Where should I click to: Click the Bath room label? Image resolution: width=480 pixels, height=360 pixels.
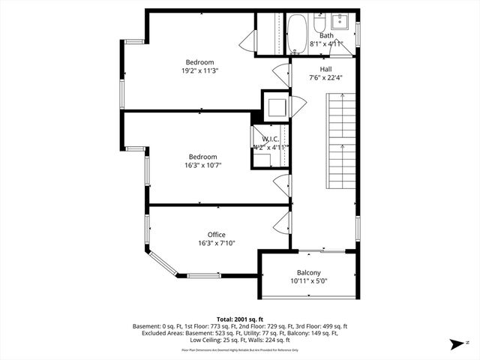point(326,35)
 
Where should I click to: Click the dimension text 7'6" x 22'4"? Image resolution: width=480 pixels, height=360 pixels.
point(326,77)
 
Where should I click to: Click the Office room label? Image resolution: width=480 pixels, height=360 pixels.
point(216,235)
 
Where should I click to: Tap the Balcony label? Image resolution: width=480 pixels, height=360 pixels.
point(308,272)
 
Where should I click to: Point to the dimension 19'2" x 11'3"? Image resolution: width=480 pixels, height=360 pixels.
point(200,71)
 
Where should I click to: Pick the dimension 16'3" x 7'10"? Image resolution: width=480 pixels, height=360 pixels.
point(216,244)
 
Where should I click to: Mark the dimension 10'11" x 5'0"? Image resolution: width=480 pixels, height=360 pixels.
point(308,281)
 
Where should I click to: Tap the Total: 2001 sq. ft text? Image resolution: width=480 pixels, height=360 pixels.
point(240,318)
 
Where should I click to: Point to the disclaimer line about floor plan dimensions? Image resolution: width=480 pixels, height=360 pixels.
point(240,350)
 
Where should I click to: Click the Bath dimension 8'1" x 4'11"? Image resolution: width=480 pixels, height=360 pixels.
point(326,44)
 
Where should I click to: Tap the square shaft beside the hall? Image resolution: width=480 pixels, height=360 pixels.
point(274,104)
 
